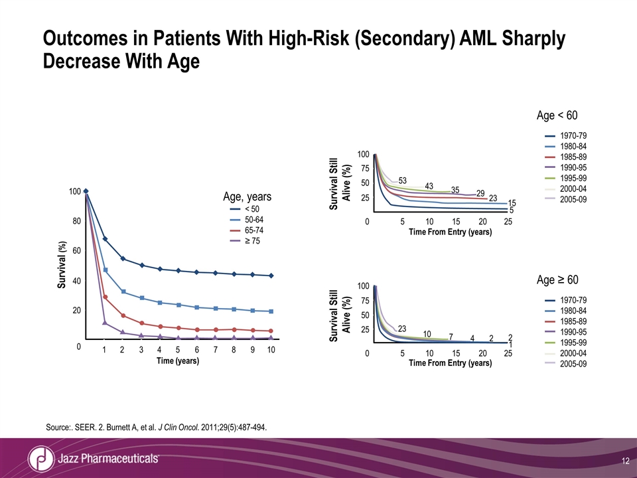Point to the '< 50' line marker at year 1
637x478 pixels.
click(x=105, y=238)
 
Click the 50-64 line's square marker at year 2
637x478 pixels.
click(x=123, y=291)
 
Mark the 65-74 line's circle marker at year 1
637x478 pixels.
click(x=105, y=297)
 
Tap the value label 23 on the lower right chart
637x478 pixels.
click(x=402, y=327)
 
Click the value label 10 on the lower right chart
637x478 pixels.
click(x=427, y=333)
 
